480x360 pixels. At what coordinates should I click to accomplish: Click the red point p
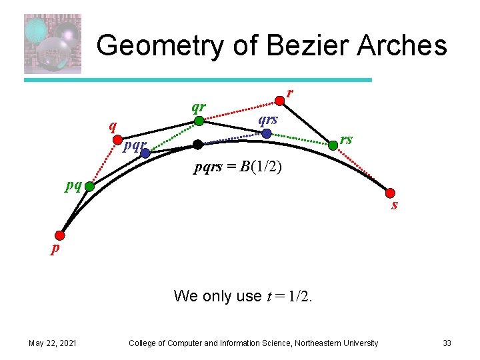[61, 235]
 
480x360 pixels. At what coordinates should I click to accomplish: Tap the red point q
[114, 141]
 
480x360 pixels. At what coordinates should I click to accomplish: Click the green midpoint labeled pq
[89, 187]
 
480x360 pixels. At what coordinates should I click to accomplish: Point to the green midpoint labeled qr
[199, 121]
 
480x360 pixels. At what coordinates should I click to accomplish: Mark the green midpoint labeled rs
[334, 144]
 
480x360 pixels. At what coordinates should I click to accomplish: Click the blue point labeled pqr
[145, 153]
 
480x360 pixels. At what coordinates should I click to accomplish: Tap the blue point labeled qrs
[267, 133]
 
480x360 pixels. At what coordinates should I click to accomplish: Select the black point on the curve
[197, 144]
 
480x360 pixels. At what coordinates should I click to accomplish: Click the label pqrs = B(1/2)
[238, 167]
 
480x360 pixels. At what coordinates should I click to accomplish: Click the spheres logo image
[52, 43]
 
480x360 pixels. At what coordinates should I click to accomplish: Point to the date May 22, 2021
[52, 343]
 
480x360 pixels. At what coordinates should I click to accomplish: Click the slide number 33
[447, 343]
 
